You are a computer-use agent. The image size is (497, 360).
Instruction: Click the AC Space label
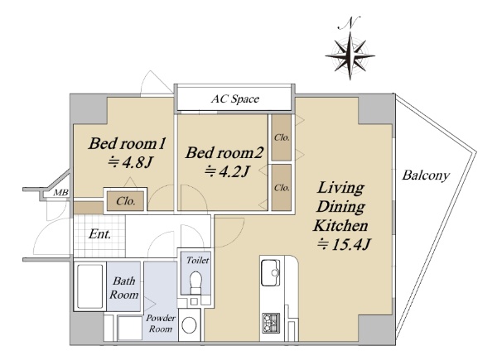tap(235, 99)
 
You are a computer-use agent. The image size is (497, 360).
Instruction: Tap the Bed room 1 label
tap(127, 143)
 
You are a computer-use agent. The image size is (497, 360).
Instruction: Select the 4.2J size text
tap(227, 171)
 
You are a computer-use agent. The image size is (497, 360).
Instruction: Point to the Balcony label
tap(426, 175)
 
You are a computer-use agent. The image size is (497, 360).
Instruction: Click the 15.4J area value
tap(344, 244)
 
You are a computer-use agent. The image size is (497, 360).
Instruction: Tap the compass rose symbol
tap(350, 56)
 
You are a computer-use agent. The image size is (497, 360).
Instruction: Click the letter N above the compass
tap(349, 23)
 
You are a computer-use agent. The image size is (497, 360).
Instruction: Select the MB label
tap(60, 193)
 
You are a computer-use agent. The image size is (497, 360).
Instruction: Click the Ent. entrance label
tap(99, 234)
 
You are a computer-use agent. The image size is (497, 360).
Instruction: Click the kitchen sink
tap(270, 272)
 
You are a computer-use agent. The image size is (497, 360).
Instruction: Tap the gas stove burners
tap(271, 323)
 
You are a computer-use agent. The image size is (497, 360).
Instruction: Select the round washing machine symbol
tap(189, 325)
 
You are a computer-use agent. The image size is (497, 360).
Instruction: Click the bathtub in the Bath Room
tap(90, 286)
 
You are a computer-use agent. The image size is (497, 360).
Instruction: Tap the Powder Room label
tap(161, 324)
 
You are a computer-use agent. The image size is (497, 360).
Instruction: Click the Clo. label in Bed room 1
tap(126, 201)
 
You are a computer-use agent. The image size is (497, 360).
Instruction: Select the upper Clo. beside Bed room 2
tap(282, 137)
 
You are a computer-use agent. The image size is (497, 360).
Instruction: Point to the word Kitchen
tap(340, 226)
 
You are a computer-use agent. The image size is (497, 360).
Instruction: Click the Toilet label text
tap(198, 260)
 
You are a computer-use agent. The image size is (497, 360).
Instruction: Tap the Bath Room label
tap(124, 288)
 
